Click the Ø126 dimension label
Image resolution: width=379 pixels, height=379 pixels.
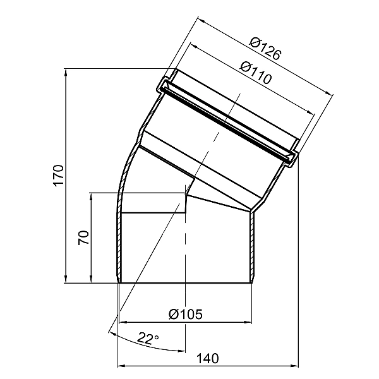(266, 49)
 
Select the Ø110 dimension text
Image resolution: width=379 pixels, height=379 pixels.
(256, 73)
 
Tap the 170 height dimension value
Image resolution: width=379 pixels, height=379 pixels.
(59, 176)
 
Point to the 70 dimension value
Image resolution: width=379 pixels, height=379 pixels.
(83, 238)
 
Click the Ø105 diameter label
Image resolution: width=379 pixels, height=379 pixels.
(186, 315)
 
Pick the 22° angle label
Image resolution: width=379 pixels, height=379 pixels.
(148, 339)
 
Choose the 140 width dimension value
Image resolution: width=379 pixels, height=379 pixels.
(208, 358)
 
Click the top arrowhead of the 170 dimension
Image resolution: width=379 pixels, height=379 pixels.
(66, 73)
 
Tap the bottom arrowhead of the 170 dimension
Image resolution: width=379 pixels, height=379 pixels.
(66, 279)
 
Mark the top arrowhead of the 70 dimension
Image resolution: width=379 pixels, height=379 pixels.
(91, 197)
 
